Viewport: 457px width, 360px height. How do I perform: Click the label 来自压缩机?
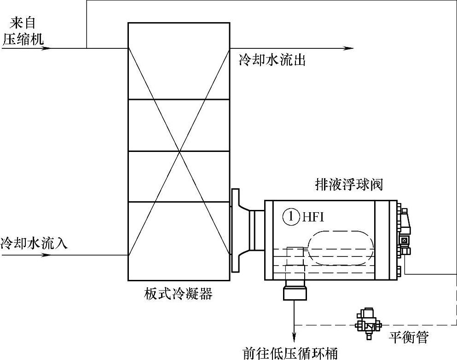click(23, 31)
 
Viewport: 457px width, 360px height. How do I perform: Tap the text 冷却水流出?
click(272, 60)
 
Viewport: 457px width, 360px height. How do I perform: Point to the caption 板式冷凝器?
click(178, 293)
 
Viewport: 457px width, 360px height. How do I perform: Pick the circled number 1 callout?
click(291, 216)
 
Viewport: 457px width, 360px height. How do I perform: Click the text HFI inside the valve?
click(313, 217)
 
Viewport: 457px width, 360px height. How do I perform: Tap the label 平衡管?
click(409, 338)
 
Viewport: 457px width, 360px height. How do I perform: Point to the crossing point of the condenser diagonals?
click(179, 151)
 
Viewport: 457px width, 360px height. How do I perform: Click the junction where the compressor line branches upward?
click(87, 48)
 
